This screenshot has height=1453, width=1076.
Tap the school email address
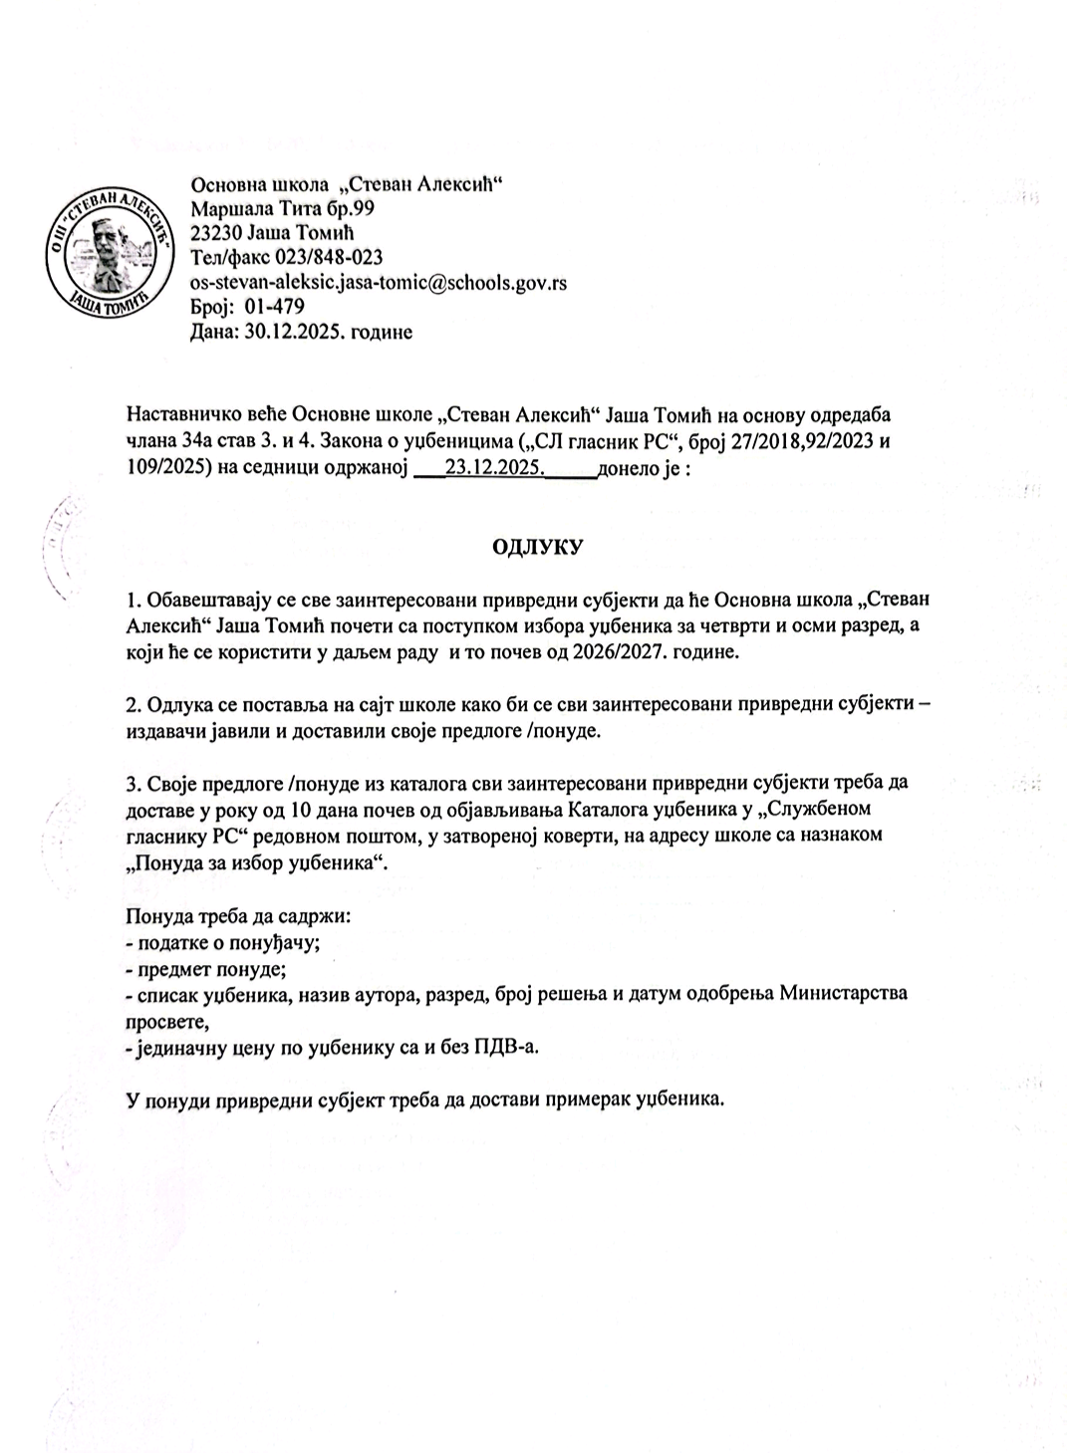378,282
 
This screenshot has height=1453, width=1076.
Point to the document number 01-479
268,307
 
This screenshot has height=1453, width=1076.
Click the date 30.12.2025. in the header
283,332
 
